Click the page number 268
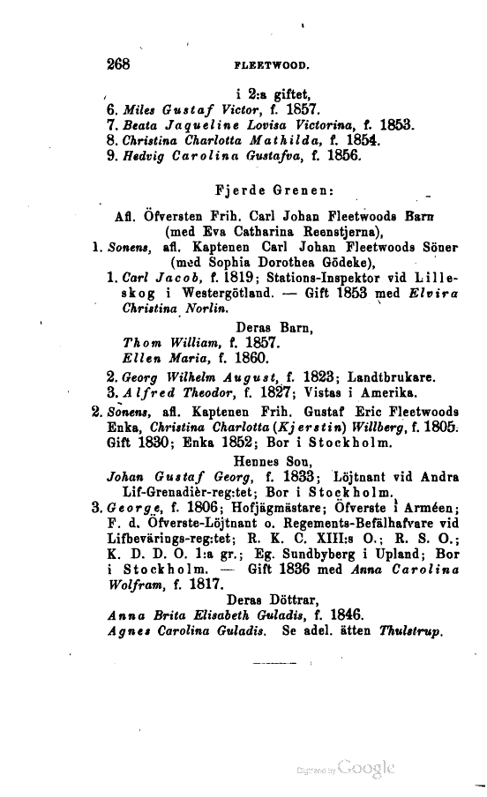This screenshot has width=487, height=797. pyautogui.click(x=118, y=63)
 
